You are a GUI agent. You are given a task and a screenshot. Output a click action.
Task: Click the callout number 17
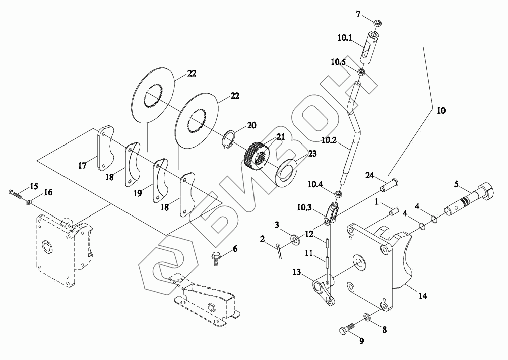tap(82, 166)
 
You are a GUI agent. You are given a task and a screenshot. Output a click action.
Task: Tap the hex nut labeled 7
tap(377, 23)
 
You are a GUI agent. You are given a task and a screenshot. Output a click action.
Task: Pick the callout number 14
tap(423, 295)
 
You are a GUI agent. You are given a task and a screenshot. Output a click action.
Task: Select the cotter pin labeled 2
tap(279, 251)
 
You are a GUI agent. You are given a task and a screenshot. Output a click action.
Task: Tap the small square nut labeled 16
tap(29, 203)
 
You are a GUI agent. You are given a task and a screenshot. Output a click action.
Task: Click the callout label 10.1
tap(345, 38)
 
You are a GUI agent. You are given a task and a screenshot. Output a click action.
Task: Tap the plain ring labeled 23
tap(286, 173)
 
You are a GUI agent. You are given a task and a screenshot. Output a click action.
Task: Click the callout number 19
tap(138, 193)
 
